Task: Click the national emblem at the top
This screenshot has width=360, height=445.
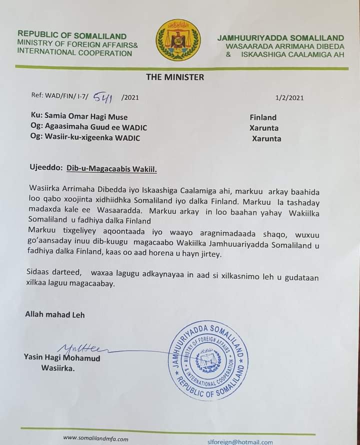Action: (x=178, y=40)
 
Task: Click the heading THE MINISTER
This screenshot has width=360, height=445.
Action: (x=175, y=77)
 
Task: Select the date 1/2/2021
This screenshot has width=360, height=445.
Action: (x=289, y=98)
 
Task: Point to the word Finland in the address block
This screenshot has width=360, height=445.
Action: (x=263, y=117)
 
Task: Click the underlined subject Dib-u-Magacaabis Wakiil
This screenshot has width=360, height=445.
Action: (x=111, y=169)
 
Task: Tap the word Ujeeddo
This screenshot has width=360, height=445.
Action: (x=44, y=169)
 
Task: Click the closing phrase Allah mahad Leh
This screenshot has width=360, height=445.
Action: (x=55, y=314)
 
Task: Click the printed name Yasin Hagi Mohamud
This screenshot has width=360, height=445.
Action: (x=61, y=358)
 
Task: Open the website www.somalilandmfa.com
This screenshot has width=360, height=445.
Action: (x=95, y=438)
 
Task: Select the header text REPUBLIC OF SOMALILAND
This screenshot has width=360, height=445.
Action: (x=72, y=36)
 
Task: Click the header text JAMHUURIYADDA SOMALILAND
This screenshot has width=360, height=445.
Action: (x=280, y=38)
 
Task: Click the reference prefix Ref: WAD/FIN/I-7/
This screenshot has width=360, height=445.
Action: (x=59, y=97)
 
